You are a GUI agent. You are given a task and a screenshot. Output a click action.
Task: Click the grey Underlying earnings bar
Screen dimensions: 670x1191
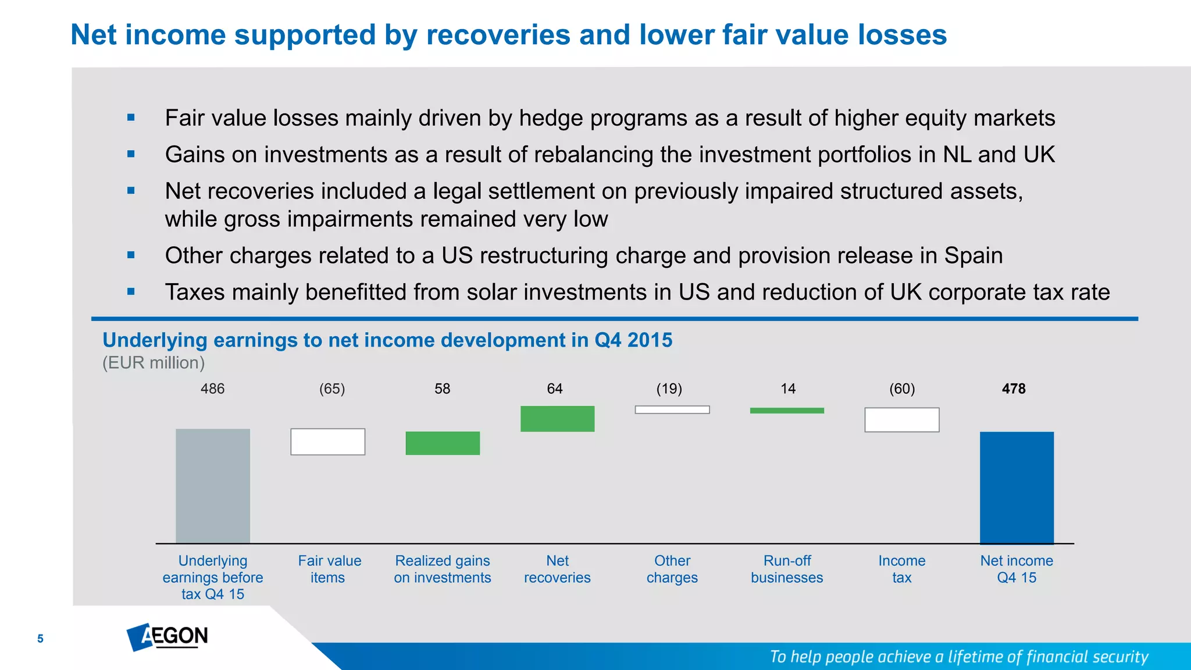pos(213,486)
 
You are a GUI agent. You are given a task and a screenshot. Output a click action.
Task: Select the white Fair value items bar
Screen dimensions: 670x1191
pos(328,442)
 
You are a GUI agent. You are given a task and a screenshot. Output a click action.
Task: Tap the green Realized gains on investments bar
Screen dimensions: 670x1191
pos(443,443)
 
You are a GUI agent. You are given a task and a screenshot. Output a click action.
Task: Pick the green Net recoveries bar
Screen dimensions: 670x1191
pos(557,419)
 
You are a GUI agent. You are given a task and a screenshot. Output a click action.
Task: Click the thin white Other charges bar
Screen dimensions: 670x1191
pos(672,410)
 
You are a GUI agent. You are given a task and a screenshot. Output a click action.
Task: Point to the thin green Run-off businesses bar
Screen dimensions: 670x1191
pos(787,411)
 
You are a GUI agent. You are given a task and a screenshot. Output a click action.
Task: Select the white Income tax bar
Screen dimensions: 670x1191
pos(902,420)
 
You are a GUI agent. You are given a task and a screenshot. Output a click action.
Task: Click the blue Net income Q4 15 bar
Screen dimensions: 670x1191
pos(1017,487)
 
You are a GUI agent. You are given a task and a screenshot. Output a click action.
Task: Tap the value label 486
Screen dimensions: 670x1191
pos(212,389)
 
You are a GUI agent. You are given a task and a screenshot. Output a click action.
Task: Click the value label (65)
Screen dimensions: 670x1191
pos(332,389)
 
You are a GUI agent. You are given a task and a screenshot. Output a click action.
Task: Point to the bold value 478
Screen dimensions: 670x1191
pos(1014,389)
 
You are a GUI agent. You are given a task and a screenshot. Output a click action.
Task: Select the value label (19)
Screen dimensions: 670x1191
pos(669,389)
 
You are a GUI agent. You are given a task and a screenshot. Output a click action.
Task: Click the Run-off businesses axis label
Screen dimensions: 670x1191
pos(787,569)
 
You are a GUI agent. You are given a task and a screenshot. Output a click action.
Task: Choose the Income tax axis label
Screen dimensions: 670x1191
pos(902,569)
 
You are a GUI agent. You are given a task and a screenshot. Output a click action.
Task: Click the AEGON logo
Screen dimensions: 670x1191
pos(167,637)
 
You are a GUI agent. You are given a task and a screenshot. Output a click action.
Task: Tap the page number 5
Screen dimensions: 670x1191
pos(40,639)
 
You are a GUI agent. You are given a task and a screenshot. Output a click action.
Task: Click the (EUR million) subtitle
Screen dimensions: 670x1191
pos(154,363)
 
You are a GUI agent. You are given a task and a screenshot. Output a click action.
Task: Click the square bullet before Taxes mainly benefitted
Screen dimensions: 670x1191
pos(131,292)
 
